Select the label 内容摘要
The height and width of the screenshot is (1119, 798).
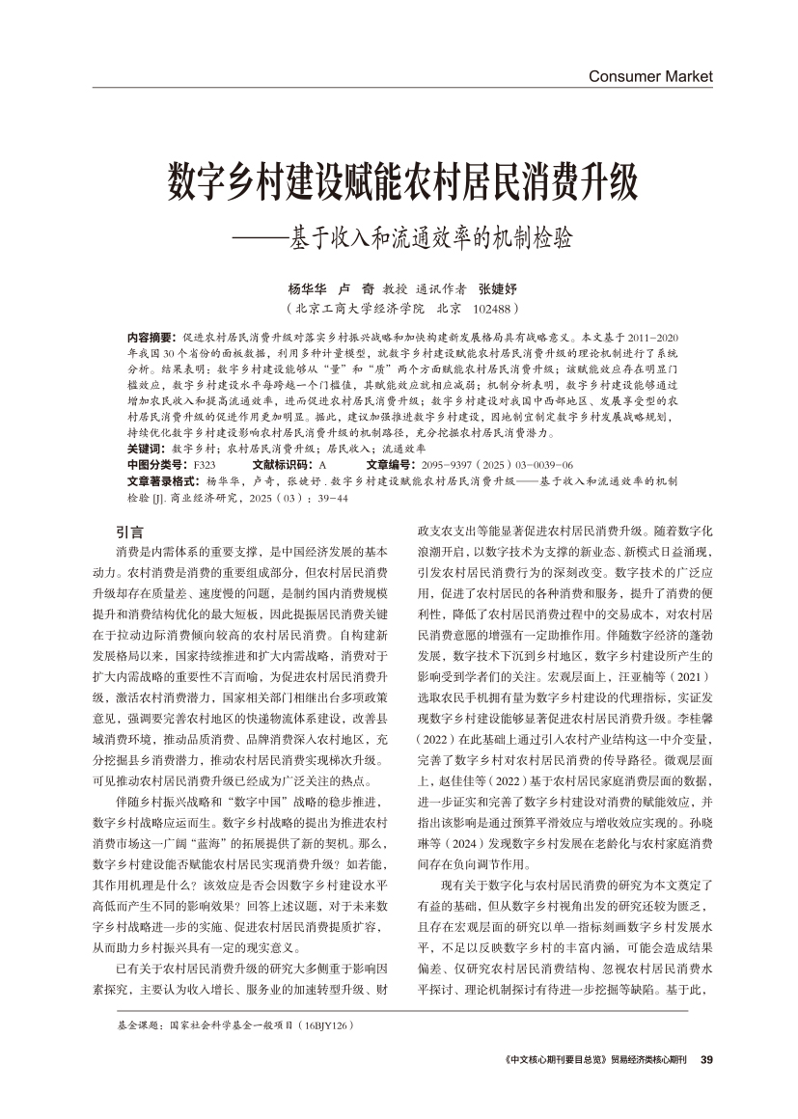point(151,339)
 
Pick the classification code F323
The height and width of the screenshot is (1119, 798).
point(205,464)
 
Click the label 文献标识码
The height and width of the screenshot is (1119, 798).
point(284,464)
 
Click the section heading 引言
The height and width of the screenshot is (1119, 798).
point(128,532)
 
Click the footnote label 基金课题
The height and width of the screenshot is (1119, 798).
point(134,1028)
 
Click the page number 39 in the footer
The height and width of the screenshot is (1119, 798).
point(705,1060)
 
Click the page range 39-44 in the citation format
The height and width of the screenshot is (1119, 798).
point(331,498)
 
